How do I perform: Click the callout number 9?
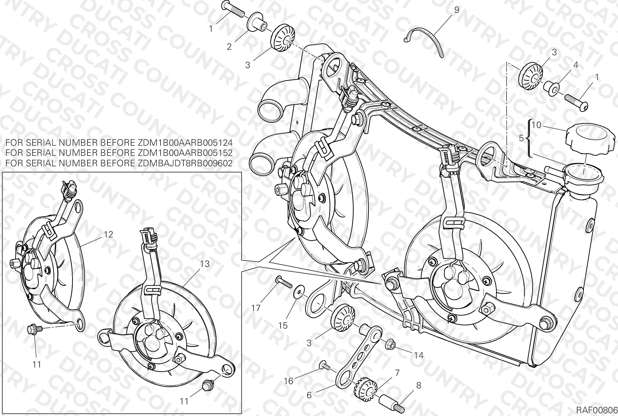(457, 10)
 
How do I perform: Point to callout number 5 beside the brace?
(521, 138)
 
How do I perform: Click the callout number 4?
(576, 65)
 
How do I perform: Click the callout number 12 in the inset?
(108, 234)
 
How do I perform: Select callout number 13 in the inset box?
(205, 264)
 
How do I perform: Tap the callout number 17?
(256, 308)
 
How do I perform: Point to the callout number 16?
(289, 381)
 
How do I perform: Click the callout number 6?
(309, 395)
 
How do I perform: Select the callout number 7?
(397, 373)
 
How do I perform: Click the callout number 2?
(229, 47)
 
